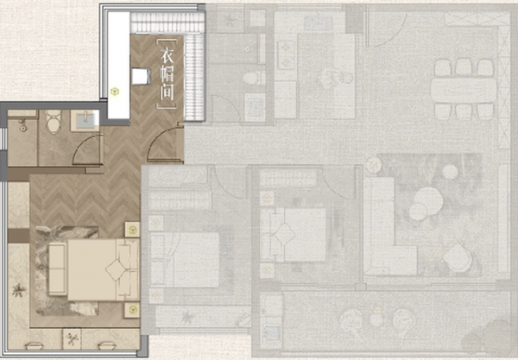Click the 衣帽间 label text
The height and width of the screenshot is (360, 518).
pos(167,74)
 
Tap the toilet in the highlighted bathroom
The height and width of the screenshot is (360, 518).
pos(54,121)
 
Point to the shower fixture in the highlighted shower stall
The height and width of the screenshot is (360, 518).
pos(22,125)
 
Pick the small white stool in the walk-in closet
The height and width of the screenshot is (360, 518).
pos(142,77)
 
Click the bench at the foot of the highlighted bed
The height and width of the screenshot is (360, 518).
pos(58,268)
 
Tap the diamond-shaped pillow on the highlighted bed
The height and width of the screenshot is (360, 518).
pos(116,270)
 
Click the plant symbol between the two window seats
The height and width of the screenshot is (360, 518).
pos(72,338)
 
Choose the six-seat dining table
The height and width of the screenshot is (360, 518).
pos(464,90)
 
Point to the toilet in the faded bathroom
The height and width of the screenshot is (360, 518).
pos(254,79)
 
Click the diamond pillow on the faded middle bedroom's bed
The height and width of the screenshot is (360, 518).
pos(284,234)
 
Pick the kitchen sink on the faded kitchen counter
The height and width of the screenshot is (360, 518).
pos(318,22)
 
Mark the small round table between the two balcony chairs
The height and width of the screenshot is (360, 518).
pos(376,319)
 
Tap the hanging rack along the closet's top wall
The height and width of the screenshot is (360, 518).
pos(167,23)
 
